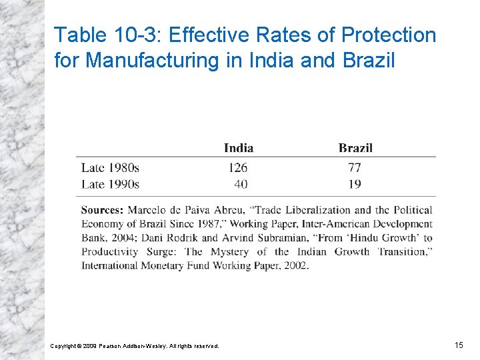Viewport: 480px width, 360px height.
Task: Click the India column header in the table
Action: (x=238, y=148)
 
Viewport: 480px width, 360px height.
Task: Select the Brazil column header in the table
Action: (x=355, y=148)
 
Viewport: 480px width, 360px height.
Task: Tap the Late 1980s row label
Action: (x=110, y=167)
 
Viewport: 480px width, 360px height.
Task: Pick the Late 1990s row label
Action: (x=110, y=183)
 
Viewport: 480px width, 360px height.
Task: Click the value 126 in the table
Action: (x=237, y=167)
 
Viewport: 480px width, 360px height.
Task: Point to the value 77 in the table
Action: (x=354, y=167)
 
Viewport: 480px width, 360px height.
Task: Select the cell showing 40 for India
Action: (x=241, y=183)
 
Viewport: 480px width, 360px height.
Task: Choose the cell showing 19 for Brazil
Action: (x=354, y=183)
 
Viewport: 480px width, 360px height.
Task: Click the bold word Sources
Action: (x=103, y=210)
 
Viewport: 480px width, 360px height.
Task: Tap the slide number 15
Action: (x=459, y=345)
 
